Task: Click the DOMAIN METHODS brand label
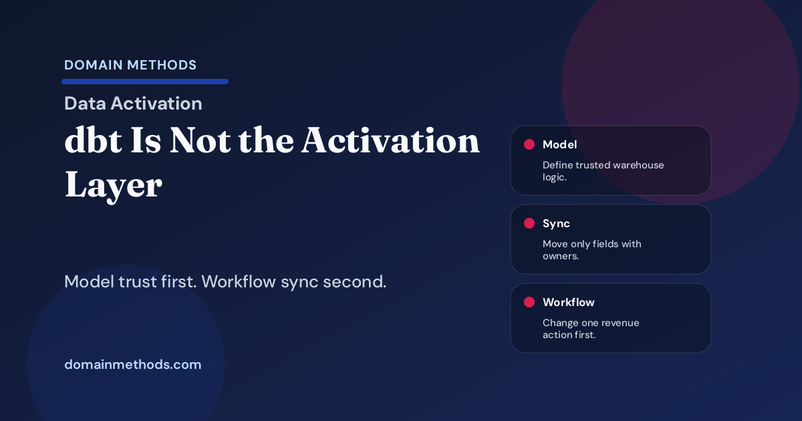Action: [x=130, y=65]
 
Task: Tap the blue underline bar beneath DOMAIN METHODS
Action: [x=145, y=82]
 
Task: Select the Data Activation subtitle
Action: [x=133, y=104]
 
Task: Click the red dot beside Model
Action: [x=529, y=144]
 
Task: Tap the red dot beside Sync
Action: [x=529, y=223]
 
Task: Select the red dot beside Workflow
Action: [x=529, y=302]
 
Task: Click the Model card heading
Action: [x=559, y=144]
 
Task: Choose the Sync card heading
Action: [x=556, y=223]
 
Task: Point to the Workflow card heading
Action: [x=568, y=302]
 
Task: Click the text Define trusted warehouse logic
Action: [x=603, y=170]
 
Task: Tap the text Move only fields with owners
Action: [x=591, y=249]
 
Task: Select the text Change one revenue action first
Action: [x=591, y=328]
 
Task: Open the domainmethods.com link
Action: [x=132, y=365]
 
